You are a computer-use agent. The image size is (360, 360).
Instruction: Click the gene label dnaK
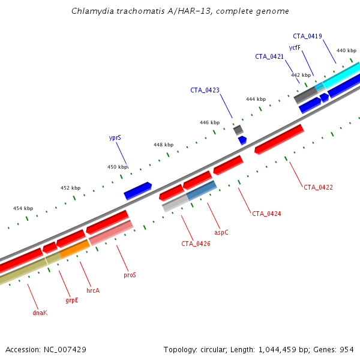coord(40,313)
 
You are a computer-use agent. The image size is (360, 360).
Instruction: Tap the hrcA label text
coord(93,290)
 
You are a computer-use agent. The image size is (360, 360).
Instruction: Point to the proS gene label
coord(130,275)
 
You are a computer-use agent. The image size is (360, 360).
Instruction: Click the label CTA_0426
coord(196,244)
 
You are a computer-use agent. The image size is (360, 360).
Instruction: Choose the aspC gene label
coord(221,231)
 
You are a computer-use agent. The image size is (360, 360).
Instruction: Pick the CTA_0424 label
coord(266,213)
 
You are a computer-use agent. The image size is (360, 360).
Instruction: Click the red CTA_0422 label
coord(318,187)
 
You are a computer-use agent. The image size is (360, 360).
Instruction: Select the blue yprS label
coord(115,137)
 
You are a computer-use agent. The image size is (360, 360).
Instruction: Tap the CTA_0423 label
coord(205,90)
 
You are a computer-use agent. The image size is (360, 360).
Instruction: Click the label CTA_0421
coord(269,56)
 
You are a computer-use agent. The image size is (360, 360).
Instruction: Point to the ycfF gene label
coord(295,47)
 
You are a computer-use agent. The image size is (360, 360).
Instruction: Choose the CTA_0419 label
coord(307,36)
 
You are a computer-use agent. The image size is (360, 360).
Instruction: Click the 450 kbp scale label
coord(118,167)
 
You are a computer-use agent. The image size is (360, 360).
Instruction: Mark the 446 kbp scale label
coord(210,122)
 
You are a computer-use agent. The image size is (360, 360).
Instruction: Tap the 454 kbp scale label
coord(23,208)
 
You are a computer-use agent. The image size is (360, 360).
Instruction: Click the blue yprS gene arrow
coord(137,191)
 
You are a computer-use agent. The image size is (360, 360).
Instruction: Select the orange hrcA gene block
coord(74,248)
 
